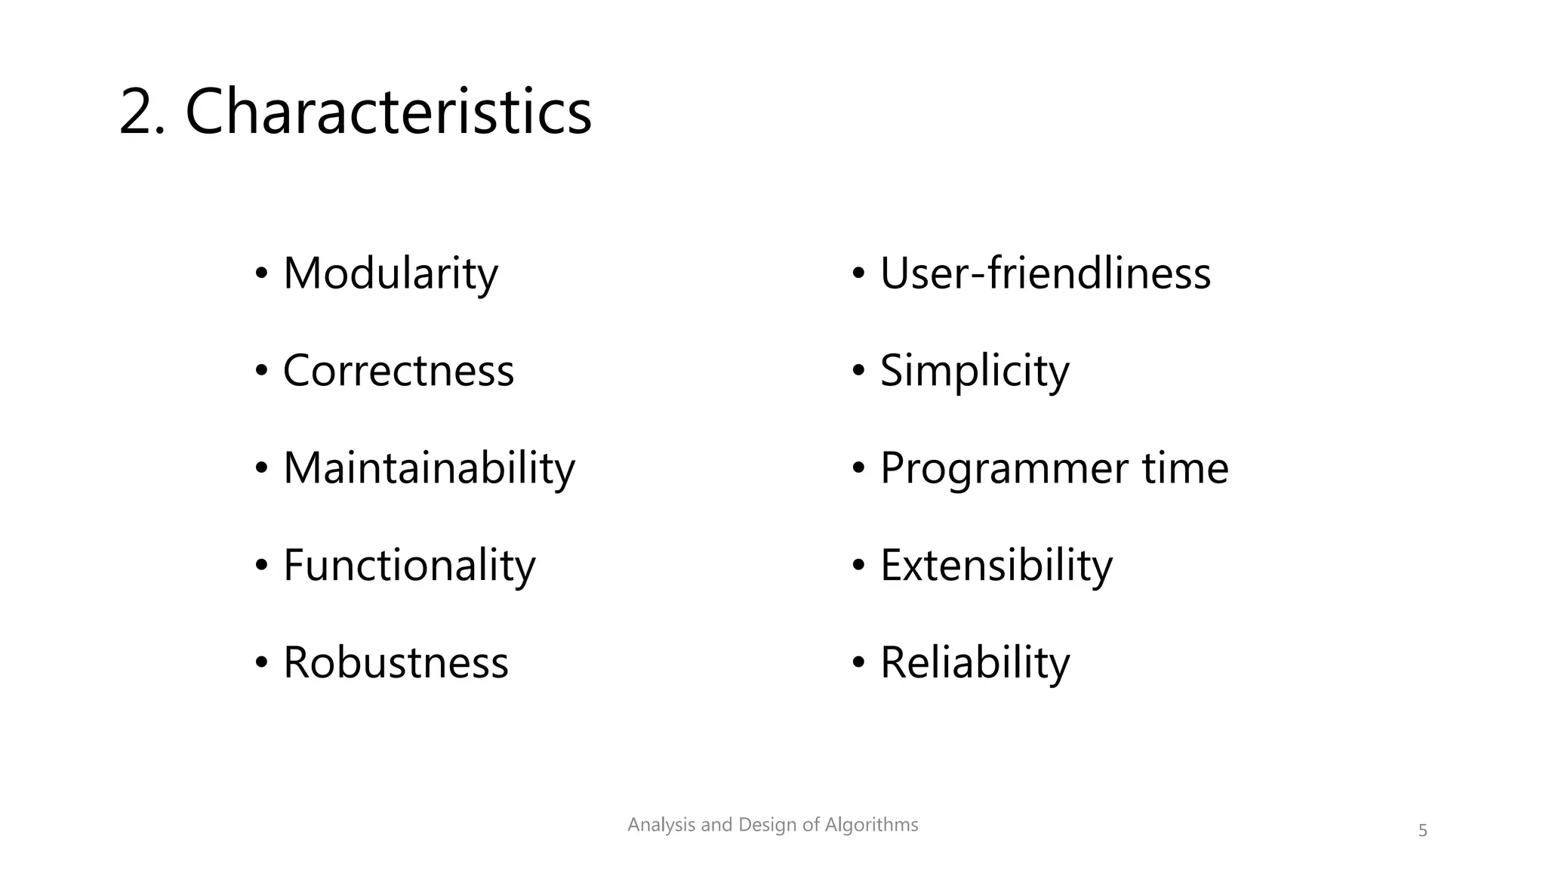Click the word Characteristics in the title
point(388,112)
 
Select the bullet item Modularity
point(390,273)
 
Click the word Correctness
point(398,371)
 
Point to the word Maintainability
point(429,468)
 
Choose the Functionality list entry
point(409,566)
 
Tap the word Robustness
point(396,663)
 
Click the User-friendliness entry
point(1045,273)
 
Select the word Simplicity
point(975,371)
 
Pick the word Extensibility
point(996,566)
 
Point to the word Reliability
point(975,663)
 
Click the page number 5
point(1422,831)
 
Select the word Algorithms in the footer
point(871,825)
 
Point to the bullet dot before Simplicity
point(858,372)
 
